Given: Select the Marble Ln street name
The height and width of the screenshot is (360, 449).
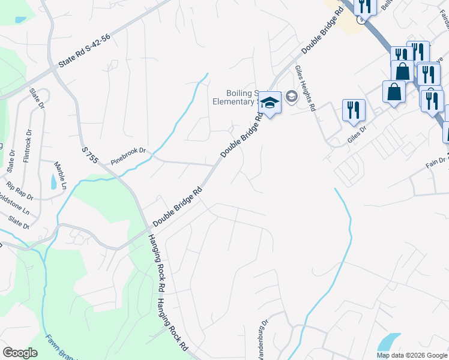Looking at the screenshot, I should coord(60,174).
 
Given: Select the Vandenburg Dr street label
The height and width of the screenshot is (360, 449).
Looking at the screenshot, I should coord(264,342).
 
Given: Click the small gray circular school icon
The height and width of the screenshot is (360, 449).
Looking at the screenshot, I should coord(292,96).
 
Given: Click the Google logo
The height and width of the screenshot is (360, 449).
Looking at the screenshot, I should coord(20,353).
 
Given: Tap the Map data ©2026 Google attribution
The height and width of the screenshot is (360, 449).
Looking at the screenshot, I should coord(411,355).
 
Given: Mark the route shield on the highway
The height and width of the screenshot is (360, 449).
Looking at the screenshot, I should coord(360,19).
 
